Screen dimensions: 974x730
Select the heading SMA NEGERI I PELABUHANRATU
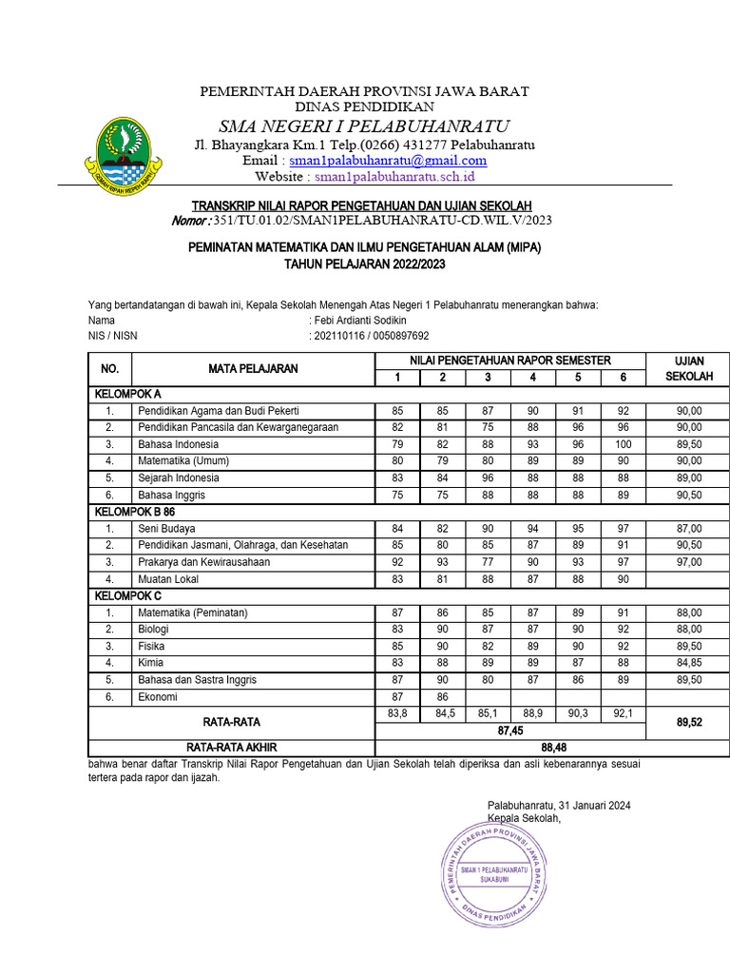(x=364, y=127)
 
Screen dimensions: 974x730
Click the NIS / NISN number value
(x=372, y=336)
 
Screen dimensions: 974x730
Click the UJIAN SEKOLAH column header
(x=688, y=369)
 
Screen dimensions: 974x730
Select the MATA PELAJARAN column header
(x=254, y=369)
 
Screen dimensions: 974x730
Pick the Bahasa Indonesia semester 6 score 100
(x=623, y=444)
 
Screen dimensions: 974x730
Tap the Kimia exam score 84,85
(x=688, y=662)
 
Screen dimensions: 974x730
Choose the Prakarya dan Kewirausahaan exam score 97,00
(x=688, y=561)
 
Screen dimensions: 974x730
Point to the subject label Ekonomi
(x=157, y=696)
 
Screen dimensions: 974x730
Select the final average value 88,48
(x=553, y=748)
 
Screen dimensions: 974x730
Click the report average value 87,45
(x=510, y=730)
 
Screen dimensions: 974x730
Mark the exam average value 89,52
(x=688, y=723)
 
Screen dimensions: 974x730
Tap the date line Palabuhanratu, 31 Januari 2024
(x=559, y=806)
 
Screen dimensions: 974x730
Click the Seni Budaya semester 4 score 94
(x=532, y=528)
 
